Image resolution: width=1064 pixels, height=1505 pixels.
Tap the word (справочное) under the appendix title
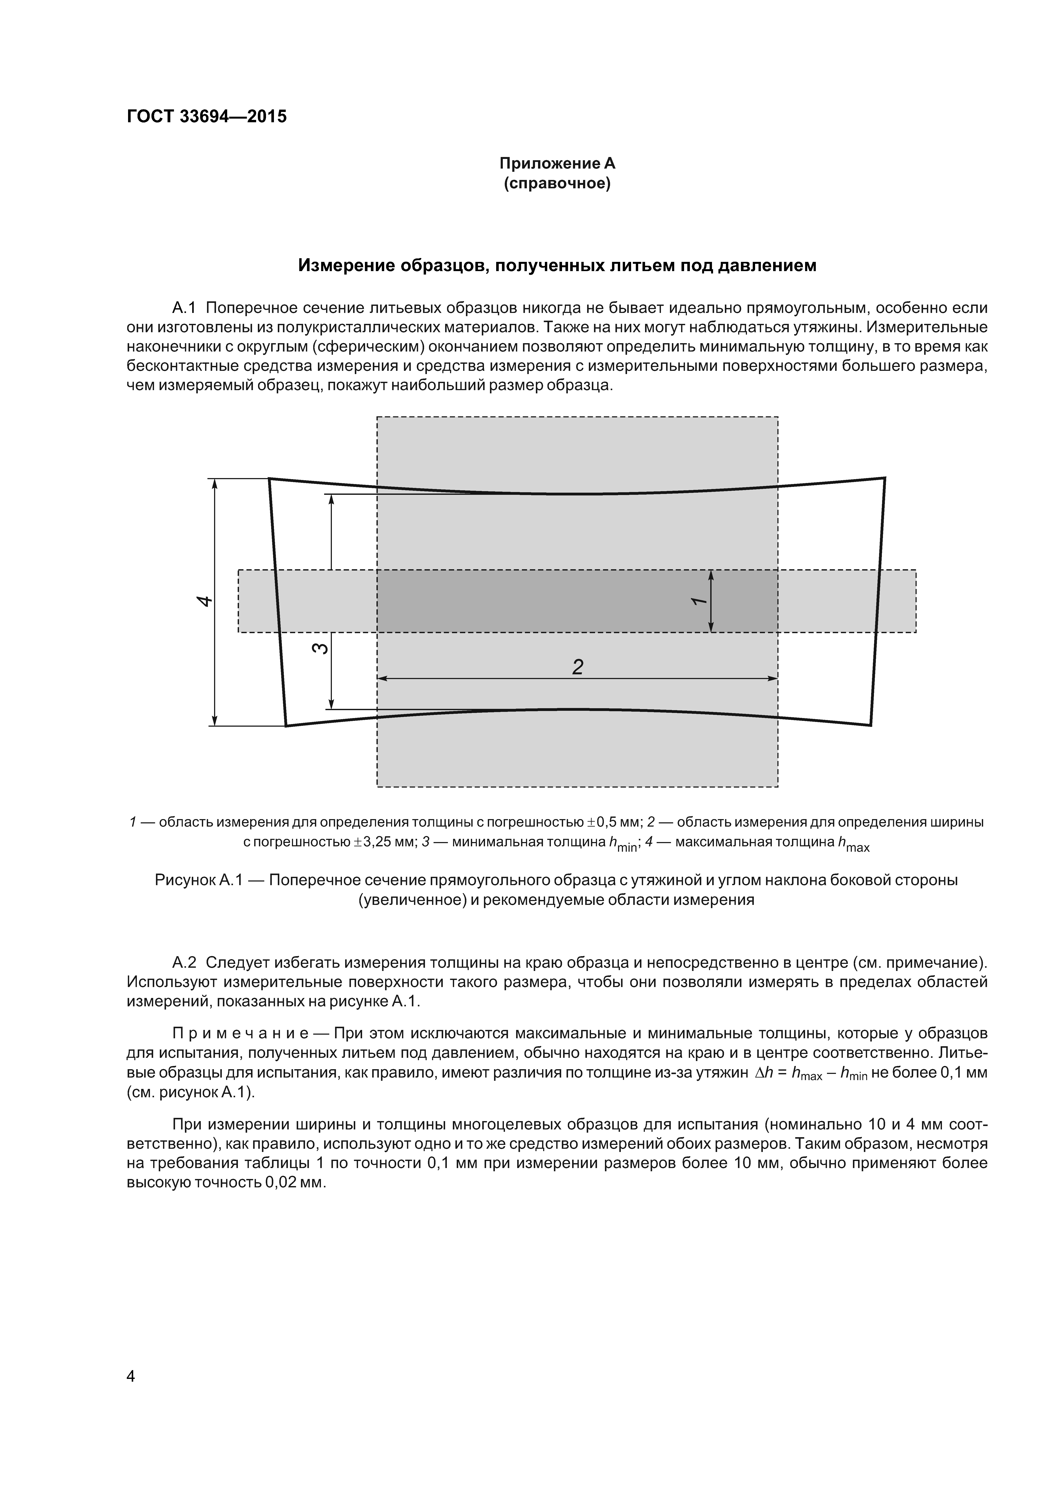coord(557,184)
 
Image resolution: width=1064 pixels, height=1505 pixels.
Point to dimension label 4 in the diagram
coord(205,601)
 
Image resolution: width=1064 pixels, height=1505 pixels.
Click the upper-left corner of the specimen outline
coord(269,479)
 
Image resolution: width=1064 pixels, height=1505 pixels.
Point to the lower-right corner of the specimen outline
coord(871,725)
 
